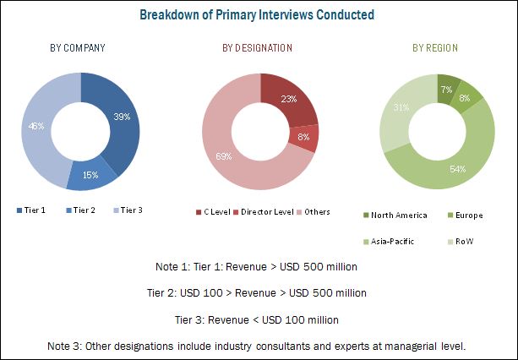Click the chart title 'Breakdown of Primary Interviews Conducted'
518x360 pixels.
259,14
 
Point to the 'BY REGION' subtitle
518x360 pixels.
435,48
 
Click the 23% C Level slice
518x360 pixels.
288,99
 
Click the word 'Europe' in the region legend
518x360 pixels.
468,215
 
